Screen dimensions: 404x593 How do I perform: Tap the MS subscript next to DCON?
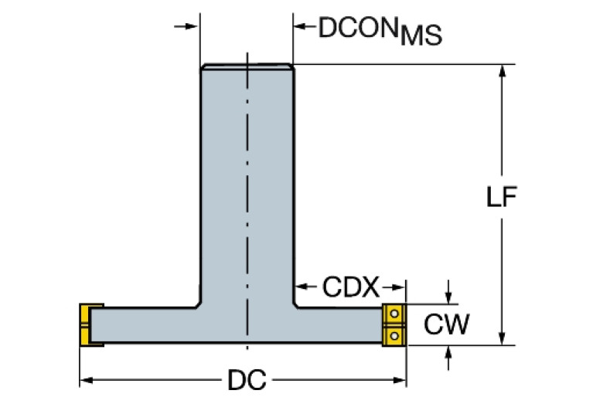(421, 36)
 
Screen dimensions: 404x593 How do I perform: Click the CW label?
(446, 325)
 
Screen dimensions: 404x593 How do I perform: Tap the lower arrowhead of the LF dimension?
(503, 338)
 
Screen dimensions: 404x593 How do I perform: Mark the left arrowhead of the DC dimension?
(86, 380)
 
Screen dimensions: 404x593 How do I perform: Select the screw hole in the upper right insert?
(394, 314)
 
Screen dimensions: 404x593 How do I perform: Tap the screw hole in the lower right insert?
(394, 335)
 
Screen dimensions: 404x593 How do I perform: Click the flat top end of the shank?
(247, 66)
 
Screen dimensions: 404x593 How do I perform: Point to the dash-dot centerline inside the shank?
(247, 193)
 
